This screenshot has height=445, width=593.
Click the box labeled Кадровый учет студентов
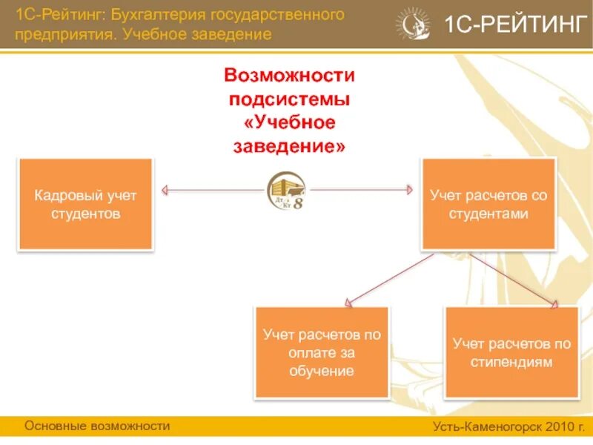(85, 204)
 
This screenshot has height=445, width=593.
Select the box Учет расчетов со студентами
(488, 204)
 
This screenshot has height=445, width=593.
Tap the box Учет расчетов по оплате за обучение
(322, 352)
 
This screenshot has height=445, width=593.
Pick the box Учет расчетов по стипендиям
(511, 353)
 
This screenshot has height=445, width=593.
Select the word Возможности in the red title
(290, 75)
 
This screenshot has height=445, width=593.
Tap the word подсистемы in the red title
(290, 99)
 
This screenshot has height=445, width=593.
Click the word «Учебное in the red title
(290, 122)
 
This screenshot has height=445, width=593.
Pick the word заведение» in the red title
(290, 146)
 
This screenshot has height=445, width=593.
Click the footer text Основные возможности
(97, 426)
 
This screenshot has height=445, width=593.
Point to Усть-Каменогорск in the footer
(487, 427)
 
